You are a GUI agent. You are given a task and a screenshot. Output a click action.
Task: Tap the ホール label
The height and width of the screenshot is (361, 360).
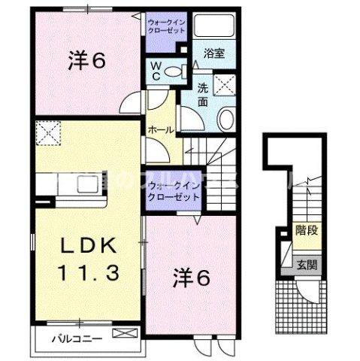coord(160,130)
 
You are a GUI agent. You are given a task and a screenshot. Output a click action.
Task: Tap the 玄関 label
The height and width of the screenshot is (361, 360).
coord(305,265)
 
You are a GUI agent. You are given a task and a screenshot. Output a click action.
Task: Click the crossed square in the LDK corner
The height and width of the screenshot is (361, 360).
coord(47,135)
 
